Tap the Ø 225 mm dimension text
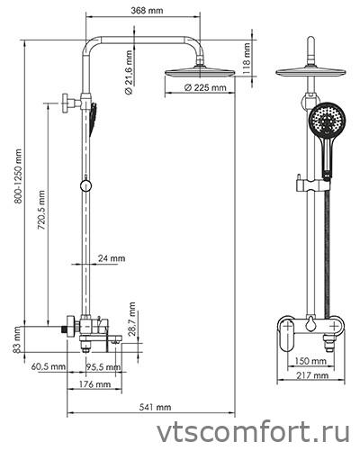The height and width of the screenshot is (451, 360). click(205, 87)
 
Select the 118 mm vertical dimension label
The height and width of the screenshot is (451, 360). click(246, 59)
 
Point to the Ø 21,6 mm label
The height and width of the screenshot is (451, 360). click(129, 73)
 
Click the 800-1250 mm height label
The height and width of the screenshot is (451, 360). click(18, 176)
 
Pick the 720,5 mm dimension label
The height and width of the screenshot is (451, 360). click(41, 210)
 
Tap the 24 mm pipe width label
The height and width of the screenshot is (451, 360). click(112, 258)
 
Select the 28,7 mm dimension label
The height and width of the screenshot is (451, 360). click(131, 319)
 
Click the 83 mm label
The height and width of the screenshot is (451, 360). click(17, 339)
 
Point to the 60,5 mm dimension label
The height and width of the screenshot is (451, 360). click(49, 366)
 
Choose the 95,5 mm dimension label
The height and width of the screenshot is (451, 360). click(103, 366)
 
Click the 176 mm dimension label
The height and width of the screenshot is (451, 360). click(94, 384)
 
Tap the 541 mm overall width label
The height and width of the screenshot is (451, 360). click(155, 407)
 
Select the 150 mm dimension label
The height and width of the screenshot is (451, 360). click(310, 361)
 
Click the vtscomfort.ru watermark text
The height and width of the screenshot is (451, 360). click(254, 433)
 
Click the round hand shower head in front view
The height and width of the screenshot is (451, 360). click(328, 121)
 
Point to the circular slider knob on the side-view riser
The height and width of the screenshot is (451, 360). click(85, 186)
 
